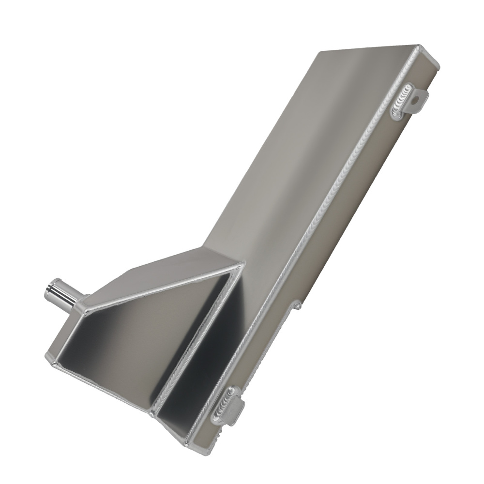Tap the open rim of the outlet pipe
coord(48,290)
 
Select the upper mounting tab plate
coord(419,101)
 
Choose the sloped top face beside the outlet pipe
coord(160,273)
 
